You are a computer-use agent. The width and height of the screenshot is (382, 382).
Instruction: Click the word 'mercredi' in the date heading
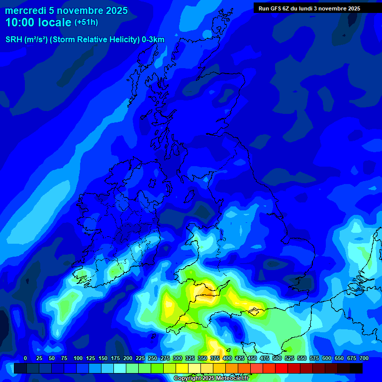click(25, 10)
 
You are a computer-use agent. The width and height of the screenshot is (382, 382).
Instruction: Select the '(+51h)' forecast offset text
click(86, 22)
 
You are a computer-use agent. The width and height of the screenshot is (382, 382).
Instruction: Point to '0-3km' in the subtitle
click(153, 40)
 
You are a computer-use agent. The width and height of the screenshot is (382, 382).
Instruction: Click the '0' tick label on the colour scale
click(25, 358)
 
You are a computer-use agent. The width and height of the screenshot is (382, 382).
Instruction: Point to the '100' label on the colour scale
click(78, 358)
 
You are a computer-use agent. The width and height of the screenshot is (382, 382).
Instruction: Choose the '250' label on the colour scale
click(153, 358)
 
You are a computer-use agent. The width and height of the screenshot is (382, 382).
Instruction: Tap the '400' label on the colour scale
click(227, 358)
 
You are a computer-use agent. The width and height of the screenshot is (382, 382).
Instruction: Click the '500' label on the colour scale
click(277, 358)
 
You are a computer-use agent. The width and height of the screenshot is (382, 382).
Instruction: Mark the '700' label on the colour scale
click(364, 358)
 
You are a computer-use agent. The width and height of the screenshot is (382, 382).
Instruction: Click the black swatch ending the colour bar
click(356, 368)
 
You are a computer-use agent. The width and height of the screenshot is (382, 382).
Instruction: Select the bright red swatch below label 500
click(282, 368)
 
